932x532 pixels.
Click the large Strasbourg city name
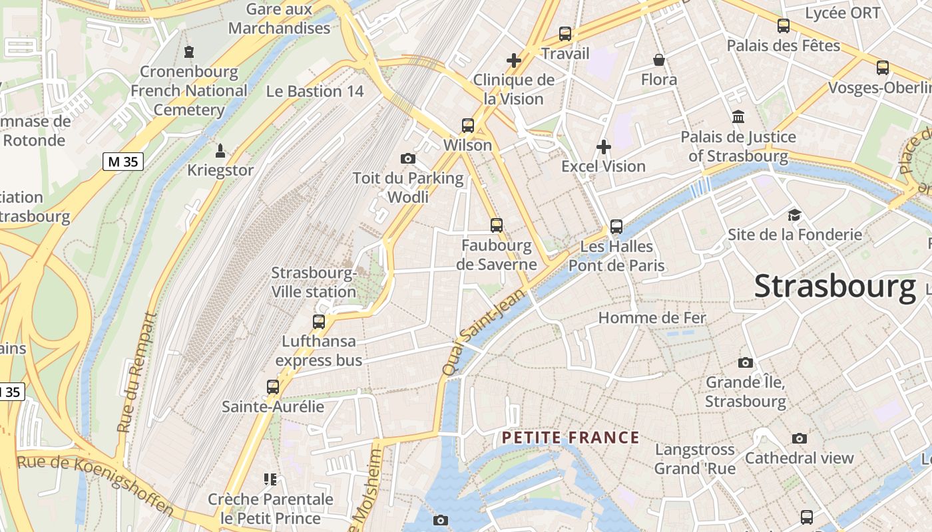[x=835, y=287]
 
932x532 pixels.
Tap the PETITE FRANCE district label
[x=571, y=438]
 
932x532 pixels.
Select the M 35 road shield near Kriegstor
[x=123, y=161]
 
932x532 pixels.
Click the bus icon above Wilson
[x=468, y=125]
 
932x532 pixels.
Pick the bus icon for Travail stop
[x=565, y=33]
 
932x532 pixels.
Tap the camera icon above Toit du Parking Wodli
[x=408, y=158]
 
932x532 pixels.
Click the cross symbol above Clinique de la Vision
[x=513, y=61]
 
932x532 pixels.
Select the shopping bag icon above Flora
[x=659, y=61]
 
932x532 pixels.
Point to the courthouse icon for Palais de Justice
[x=738, y=117]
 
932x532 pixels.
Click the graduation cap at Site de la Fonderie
[x=794, y=215]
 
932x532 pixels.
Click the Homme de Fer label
[x=652, y=318]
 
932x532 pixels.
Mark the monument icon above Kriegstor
[x=220, y=150]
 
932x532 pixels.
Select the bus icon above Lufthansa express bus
[x=319, y=322]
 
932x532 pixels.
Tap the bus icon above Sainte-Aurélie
[x=273, y=386]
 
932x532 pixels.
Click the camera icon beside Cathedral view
[x=800, y=438]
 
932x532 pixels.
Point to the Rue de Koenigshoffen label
[x=95, y=484]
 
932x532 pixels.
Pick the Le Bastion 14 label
[x=315, y=92]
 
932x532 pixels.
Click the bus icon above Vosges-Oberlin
[x=883, y=67]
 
